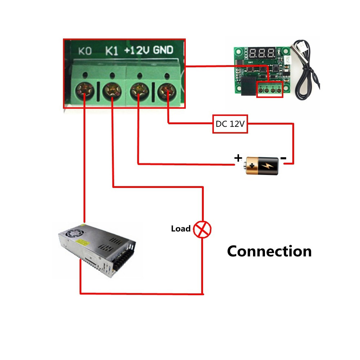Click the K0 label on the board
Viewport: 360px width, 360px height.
(85, 51)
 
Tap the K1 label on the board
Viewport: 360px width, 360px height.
(112, 51)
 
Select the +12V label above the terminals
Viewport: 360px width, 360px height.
(136, 50)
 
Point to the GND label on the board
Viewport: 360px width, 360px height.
(163, 50)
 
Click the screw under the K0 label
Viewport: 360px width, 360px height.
(85, 91)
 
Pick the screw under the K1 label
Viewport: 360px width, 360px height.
(112, 91)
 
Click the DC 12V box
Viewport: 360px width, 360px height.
(230, 124)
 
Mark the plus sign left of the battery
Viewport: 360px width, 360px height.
(238, 158)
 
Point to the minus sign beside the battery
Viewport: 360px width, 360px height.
(283, 158)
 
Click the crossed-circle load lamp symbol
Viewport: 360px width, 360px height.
(202, 229)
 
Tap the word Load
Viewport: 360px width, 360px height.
(181, 229)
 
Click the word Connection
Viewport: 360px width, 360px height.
(269, 251)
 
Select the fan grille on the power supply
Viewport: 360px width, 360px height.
(71, 234)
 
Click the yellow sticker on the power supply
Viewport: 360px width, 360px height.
(82, 242)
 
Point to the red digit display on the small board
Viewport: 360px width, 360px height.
(262, 53)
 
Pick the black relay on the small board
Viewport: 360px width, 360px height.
(248, 86)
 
